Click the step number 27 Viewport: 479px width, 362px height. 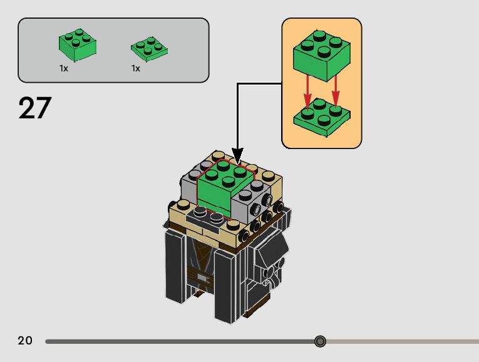tap(34, 108)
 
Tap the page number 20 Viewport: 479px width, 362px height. tap(25, 341)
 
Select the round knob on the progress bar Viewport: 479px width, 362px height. tap(320, 341)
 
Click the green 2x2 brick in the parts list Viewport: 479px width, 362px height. tap(78, 46)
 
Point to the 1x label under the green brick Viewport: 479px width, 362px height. tap(64, 68)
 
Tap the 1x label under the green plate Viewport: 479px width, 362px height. tap(136, 68)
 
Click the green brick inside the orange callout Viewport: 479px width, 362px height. tap(321, 54)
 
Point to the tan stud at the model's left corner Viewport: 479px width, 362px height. tap(182, 205)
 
